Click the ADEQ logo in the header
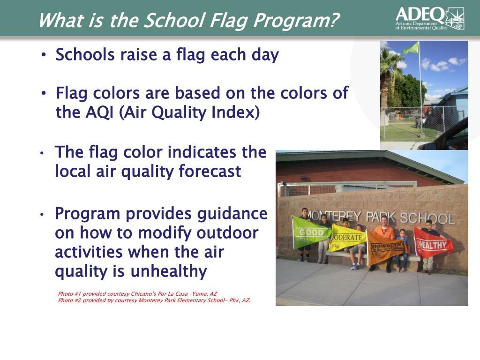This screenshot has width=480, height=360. point(430,18)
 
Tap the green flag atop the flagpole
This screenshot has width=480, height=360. point(411,48)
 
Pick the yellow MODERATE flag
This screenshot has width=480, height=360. point(347,238)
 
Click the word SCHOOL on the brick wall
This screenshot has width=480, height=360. point(427,218)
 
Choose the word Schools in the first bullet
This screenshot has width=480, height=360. point(85,55)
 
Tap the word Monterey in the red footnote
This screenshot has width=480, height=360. point(150,300)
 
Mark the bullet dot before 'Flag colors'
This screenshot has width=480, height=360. point(44,92)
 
